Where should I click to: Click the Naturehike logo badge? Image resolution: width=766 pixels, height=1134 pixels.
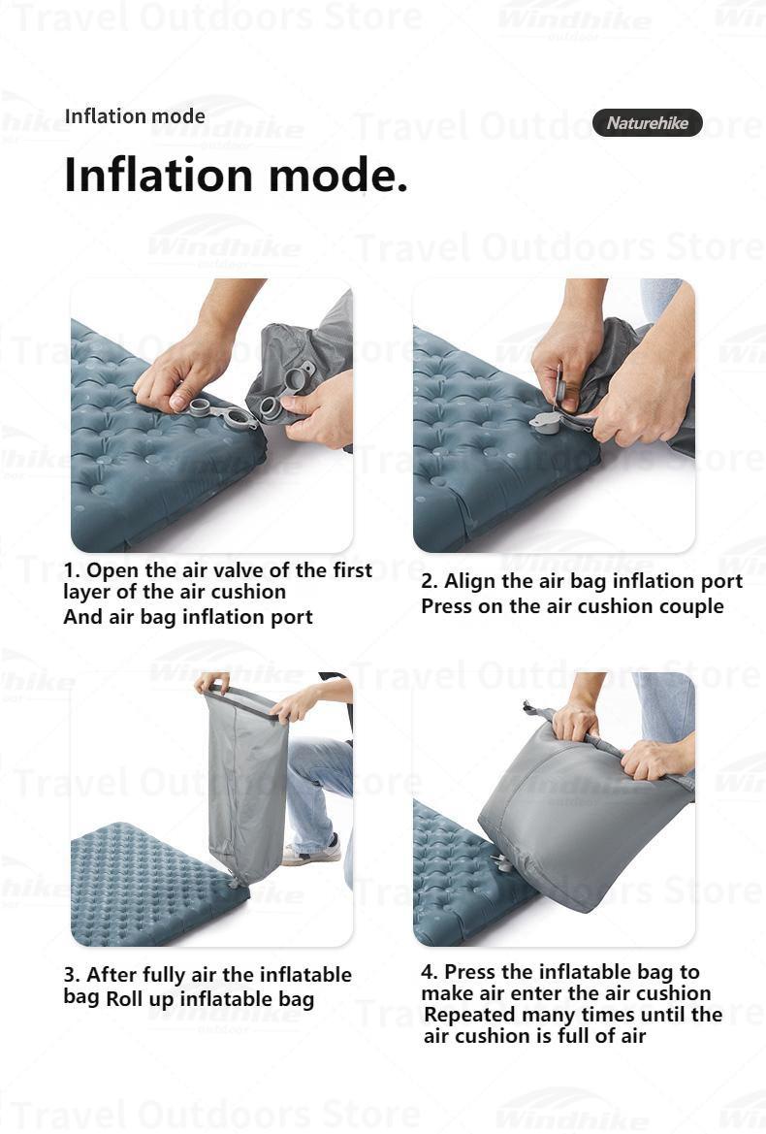tap(647, 123)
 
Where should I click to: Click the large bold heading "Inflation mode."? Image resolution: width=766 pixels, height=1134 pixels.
tap(236, 175)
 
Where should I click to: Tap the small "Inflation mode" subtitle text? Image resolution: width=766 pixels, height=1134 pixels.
tap(135, 116)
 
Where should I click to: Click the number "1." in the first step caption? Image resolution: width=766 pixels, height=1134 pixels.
tap(73, 570)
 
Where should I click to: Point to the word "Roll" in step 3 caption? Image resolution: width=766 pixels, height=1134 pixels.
tap(127, 999)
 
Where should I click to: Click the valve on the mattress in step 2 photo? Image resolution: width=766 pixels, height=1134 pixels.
tap(547, 423)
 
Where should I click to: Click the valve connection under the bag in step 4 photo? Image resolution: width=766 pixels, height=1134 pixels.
tap(500, 860)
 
